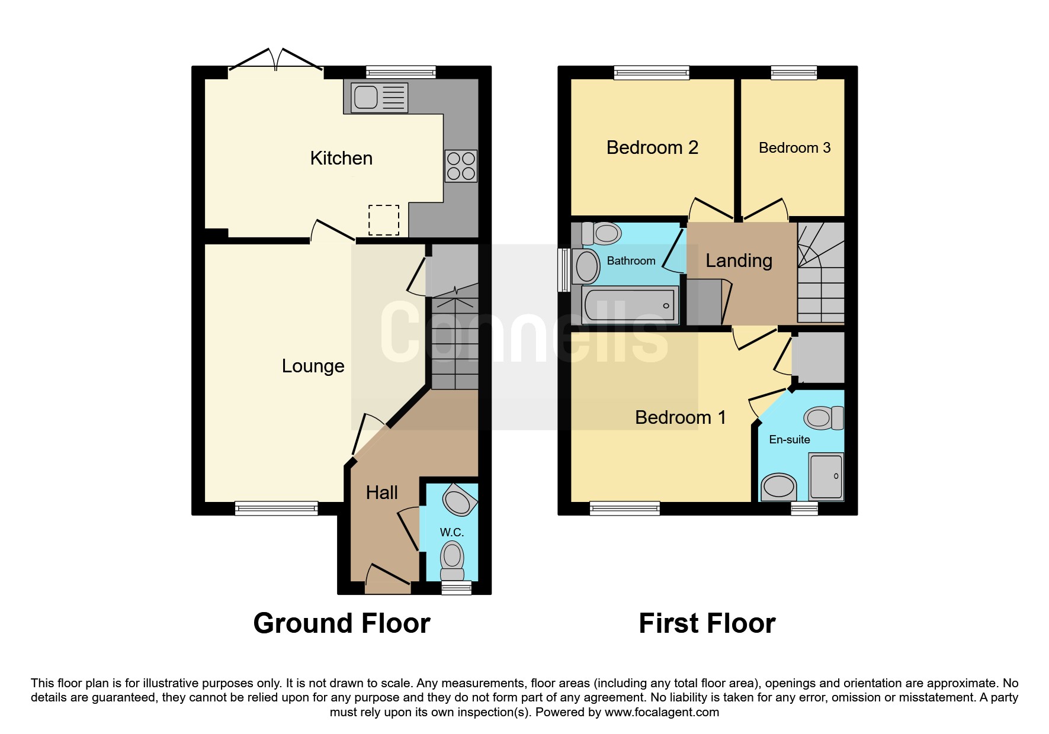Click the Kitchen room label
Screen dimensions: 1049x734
click(341, 158)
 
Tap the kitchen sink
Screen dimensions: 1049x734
click(379, 97)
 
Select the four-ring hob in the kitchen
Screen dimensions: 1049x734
click(461, 166)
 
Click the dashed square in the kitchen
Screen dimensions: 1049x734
click(384, 220)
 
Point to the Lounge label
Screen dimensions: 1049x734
click(313, 366)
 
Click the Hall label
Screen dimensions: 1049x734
click(381, 492)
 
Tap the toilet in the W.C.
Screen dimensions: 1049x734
click(452, 562)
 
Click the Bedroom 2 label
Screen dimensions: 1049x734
click(652, 147)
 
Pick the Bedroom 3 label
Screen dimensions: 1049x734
click(794, 147)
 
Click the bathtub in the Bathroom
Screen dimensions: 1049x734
click(630, 305)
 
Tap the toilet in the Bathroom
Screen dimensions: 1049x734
click(601, 233)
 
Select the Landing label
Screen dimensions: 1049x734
click(739, 260)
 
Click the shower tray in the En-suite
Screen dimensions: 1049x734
click(826, 477)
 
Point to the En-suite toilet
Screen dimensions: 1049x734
click(823, 418)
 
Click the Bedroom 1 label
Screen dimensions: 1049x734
click(680, 417)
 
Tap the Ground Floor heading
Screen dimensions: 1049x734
click(342, 623)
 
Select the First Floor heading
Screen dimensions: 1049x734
click(707, 623)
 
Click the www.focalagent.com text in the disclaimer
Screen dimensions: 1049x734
click(662, 712)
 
